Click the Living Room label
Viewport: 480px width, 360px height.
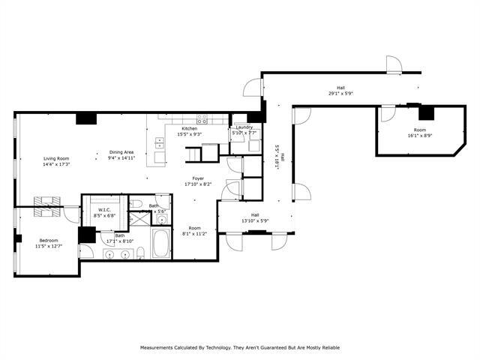point(56,158)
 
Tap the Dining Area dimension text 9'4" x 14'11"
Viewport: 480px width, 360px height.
point(121,158)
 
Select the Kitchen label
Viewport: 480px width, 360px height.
point(188,129)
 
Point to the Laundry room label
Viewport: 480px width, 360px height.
point(244,127)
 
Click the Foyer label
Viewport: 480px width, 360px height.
point(198,178)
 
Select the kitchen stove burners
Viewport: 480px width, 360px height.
point(202,118)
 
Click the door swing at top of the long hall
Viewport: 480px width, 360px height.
point(394,66)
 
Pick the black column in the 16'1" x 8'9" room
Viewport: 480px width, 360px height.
point(426,112)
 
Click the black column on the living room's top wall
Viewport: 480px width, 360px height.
point(86,118)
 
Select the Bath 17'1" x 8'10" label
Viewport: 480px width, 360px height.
point(120,238)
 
